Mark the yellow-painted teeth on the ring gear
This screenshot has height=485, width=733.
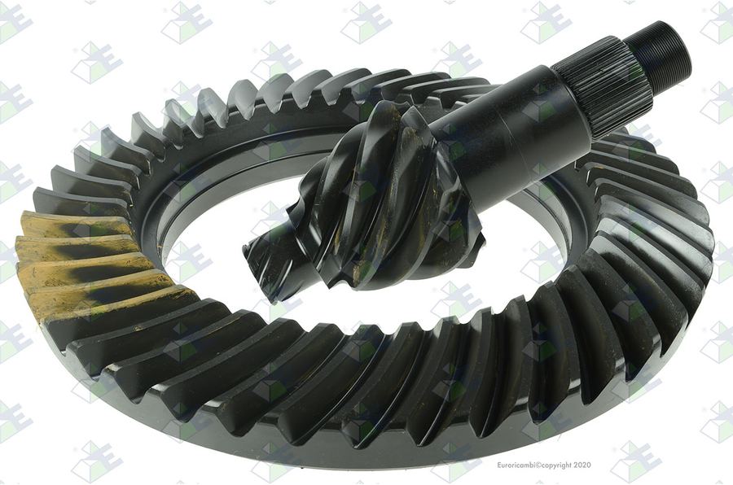[x=94, y=266]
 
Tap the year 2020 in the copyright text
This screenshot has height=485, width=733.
[x=582, y=465]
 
